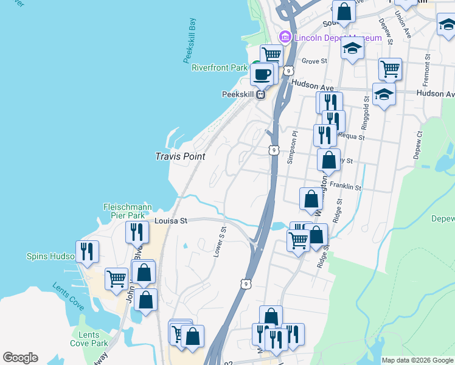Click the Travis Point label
179,156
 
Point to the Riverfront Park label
220,68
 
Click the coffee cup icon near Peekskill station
262,75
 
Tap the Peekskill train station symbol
261,95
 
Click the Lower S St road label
220,242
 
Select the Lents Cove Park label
89,339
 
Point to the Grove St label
314,61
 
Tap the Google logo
20,358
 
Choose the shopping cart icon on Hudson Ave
390,68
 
